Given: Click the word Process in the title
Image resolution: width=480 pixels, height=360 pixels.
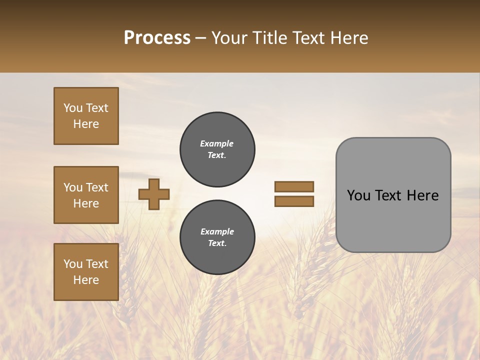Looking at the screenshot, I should tap(157, 38).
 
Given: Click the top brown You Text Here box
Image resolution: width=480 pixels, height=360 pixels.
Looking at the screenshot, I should tap(86, 116).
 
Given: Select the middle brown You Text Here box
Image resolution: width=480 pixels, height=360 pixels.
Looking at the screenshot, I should tap(86, 195).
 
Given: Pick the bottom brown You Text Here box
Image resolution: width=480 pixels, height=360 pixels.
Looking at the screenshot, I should tap(86, 272).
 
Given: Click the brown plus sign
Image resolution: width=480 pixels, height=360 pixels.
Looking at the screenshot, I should tap(154, 194).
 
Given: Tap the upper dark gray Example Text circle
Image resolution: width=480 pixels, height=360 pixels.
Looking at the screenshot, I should tap(217, 149).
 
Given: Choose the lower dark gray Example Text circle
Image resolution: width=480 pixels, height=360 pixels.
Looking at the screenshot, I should tap(217, 237).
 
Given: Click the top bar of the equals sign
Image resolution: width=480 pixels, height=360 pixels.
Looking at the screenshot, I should tap(294, 186).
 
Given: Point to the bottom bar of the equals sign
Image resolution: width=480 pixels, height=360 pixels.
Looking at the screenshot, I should tap(294, 201).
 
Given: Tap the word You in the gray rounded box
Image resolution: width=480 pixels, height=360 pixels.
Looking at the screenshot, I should tap(359, 195).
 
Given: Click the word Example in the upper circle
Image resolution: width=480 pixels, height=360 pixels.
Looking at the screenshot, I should tap(217, 143).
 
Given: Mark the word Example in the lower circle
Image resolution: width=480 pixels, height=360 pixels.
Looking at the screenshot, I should tap(217, 231).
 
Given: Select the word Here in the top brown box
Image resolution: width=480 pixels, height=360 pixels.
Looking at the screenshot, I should tap(86, 124).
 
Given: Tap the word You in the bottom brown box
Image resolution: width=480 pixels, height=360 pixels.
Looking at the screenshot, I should tap(73, 264).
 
